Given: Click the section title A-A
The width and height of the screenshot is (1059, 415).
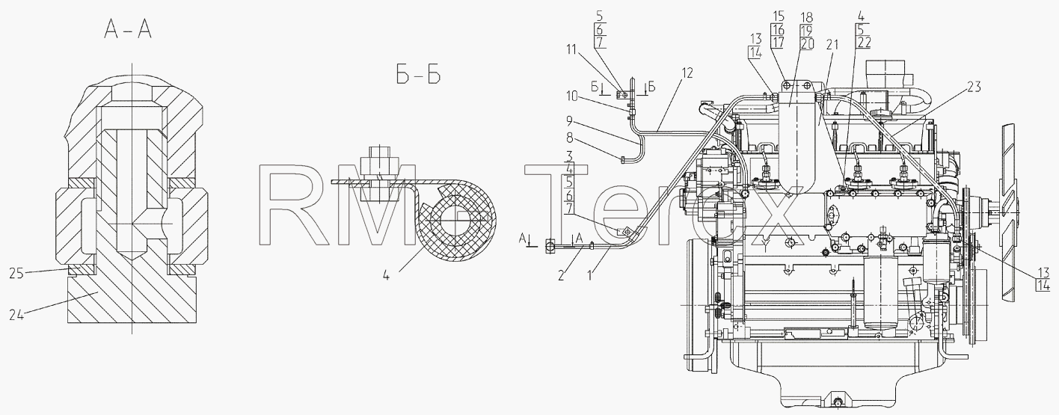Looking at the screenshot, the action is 128,31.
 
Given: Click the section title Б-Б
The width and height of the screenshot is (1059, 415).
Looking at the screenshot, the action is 418,75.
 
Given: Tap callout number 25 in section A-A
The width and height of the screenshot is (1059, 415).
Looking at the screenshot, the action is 16,274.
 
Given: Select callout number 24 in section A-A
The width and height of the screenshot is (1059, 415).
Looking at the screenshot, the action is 16,314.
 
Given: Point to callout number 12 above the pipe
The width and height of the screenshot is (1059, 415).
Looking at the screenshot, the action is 687,73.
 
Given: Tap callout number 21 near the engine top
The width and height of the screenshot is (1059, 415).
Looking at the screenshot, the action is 832,45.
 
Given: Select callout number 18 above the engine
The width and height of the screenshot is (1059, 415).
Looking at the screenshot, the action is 806,18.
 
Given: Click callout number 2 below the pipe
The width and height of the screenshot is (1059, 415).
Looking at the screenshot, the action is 561,276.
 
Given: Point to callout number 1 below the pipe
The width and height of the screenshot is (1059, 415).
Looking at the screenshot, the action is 589,276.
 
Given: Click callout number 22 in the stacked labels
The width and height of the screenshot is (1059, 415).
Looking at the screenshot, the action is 865,43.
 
